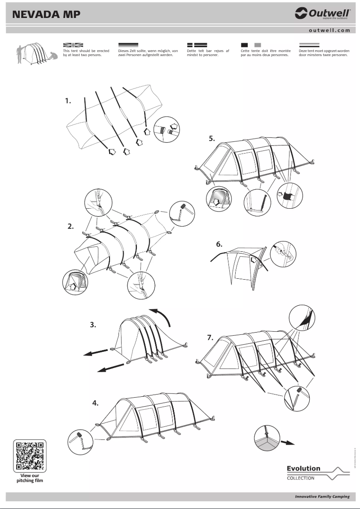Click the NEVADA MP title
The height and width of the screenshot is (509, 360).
[x=47, y=14]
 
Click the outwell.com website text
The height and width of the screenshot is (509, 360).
[x=329, y=31]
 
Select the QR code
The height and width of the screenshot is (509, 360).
[x=30, y=455]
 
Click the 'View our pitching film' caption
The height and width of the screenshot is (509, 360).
[x=30, y=478]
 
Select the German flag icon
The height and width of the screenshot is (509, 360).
[x=128, y=45]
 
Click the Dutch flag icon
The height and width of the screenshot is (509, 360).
[x=309, y=45]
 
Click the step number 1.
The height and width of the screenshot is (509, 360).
[x=68, y=101]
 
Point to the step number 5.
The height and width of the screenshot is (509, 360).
[x=211, y=139]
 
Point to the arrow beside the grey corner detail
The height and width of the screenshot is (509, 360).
[x=287, y=442]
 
